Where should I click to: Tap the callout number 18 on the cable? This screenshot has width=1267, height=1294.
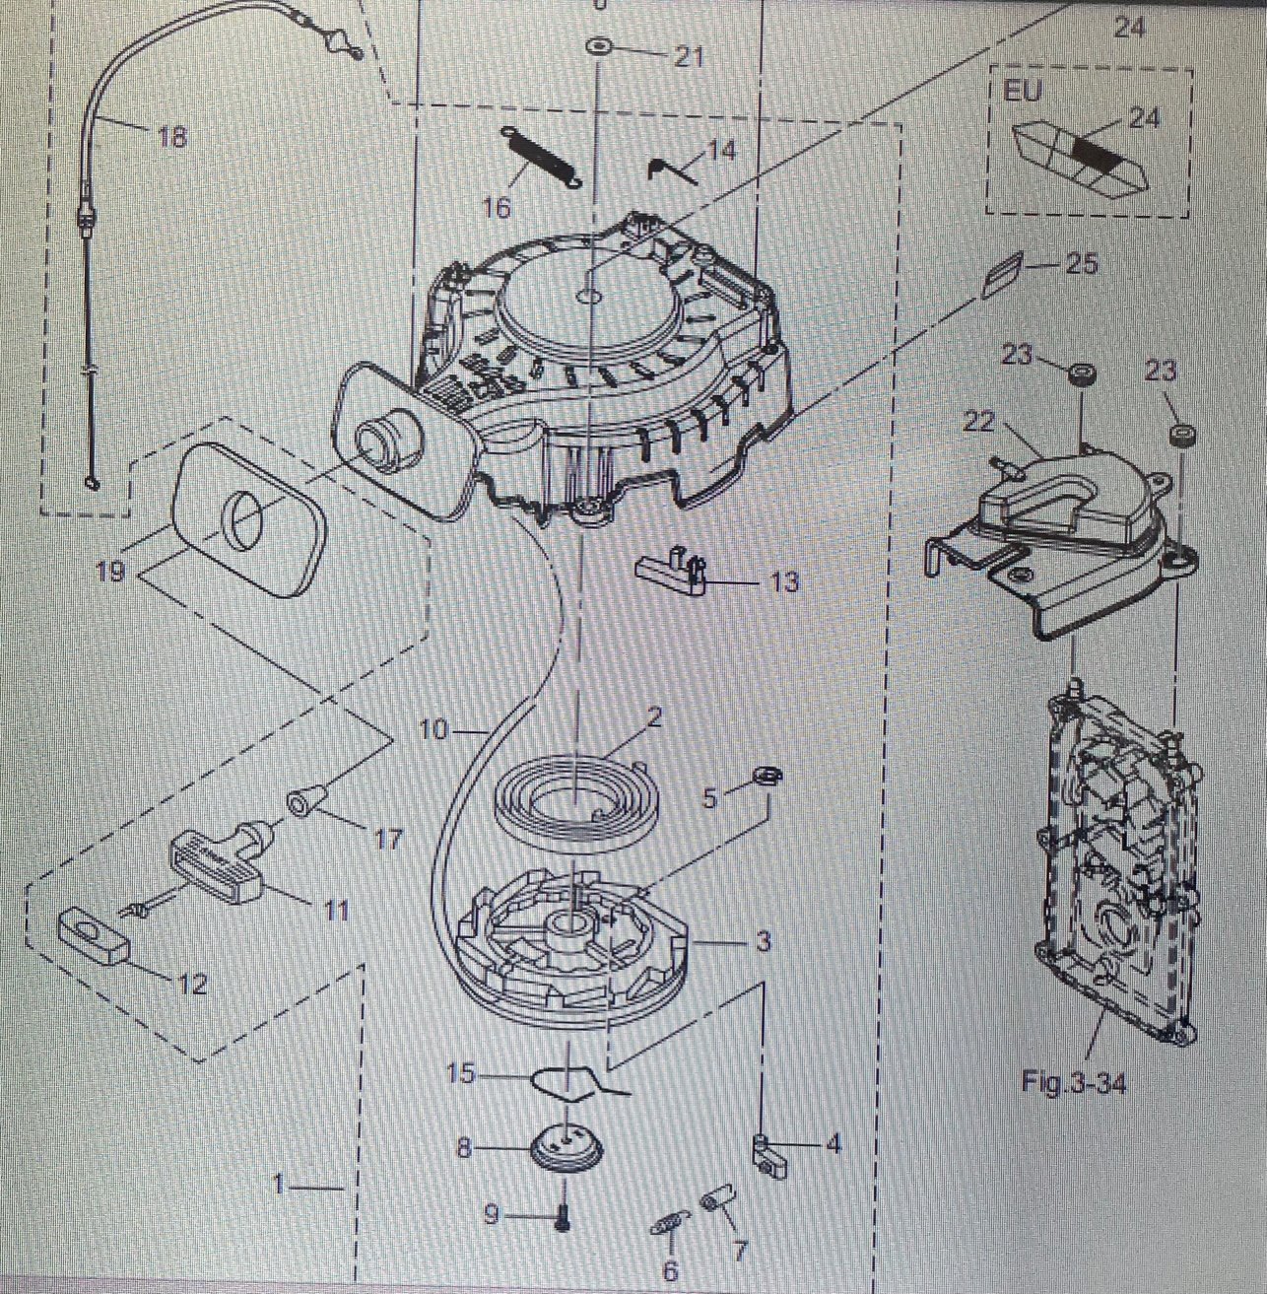click(171, 136)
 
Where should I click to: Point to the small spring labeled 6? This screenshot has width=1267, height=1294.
click(669, 1226)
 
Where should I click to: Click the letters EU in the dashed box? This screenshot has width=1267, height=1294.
click(1023, 91)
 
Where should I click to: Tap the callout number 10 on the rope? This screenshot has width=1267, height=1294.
click(433, 730)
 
